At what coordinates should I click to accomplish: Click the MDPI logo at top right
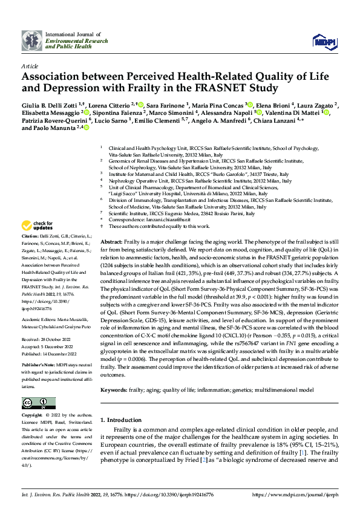tap(321, 41)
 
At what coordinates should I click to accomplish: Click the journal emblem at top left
tap(32, 41)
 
